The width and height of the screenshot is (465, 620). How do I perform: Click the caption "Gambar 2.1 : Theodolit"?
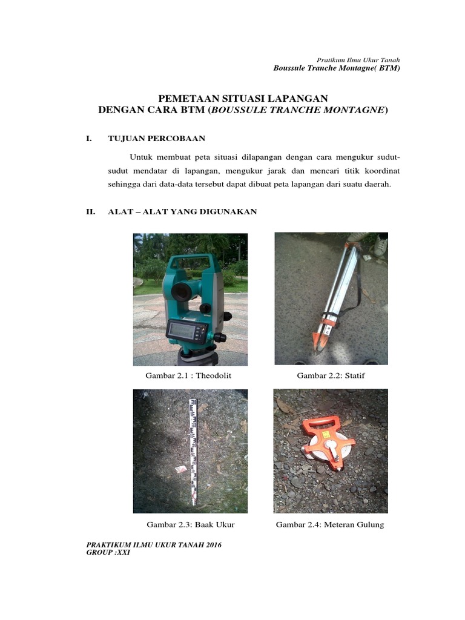click(188, 376)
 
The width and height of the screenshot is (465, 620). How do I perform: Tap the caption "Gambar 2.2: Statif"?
click(331, 376)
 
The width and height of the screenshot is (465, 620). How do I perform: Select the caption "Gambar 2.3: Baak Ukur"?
click(190, 524)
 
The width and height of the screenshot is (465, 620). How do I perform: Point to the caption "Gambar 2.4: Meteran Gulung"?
click(330, 524)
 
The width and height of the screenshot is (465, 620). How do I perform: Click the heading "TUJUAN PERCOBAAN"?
click(156, 139)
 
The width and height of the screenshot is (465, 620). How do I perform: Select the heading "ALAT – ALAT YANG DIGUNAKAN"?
click(182, 211)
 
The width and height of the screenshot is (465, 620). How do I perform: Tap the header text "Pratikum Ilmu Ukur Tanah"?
click(358, 60)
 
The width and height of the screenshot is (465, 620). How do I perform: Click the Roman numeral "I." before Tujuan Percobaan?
click(89, 139)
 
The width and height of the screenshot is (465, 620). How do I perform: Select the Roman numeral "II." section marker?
click(91, 211)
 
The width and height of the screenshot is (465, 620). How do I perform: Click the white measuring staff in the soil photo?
click(194, 451)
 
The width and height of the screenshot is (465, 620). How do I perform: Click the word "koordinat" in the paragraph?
click(381, 171)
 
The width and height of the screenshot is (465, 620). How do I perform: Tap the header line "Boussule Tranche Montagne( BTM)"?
click(337, 68)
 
